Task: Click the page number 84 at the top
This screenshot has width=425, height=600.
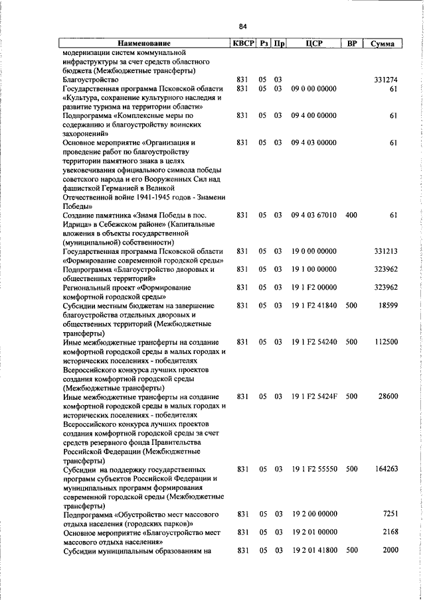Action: (242, 27)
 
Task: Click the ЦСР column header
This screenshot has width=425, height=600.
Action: (315, 44)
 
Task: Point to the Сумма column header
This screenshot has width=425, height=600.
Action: (382, 44)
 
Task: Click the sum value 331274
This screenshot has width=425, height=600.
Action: (385, 80)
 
